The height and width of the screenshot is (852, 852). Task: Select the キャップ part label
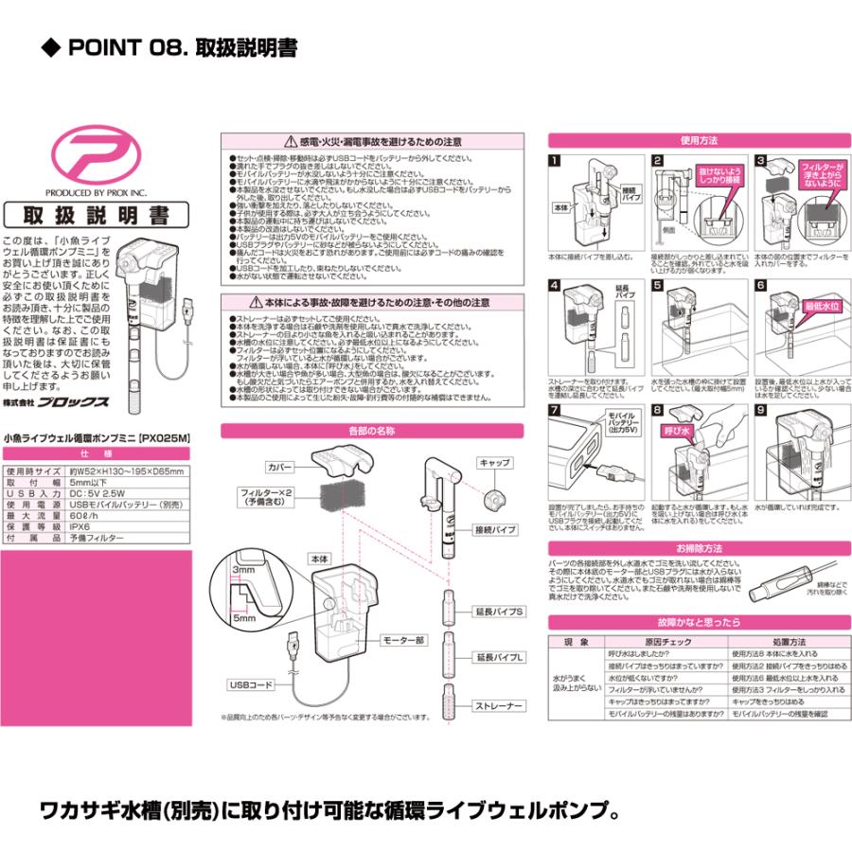[495, 464]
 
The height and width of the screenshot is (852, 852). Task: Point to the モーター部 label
[404, 640]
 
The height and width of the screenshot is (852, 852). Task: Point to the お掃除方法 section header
[698, 547]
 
